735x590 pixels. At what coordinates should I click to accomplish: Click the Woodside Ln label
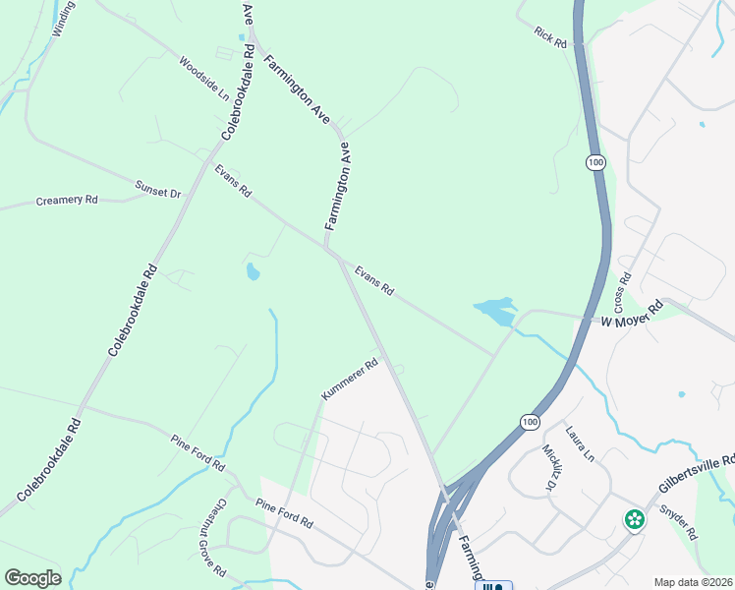203,78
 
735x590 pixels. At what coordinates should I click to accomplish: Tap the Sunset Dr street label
158,188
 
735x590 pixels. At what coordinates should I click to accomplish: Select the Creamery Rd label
67,200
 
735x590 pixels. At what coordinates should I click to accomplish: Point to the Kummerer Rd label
349,380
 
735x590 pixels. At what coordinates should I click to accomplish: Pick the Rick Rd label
551,37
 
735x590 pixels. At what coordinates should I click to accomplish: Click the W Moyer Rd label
633,315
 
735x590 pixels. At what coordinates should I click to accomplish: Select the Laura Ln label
579,443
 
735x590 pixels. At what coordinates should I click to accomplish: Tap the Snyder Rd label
678,522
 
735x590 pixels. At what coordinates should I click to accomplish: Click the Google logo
32,578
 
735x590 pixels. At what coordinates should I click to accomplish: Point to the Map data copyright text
693,582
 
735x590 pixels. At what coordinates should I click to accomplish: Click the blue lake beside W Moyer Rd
494,312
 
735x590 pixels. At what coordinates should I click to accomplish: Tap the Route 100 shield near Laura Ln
530,421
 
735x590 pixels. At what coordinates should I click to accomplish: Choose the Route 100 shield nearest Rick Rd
594,161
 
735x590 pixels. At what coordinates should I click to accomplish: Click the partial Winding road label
64,18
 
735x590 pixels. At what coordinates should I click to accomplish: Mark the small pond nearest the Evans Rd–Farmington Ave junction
253,271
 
